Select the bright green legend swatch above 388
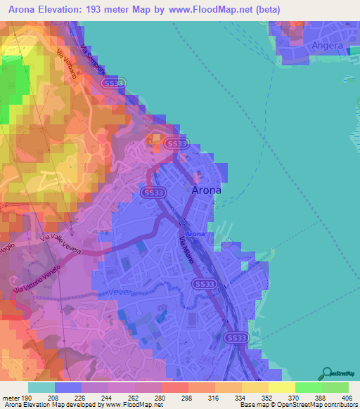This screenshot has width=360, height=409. [x=309, y=387]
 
